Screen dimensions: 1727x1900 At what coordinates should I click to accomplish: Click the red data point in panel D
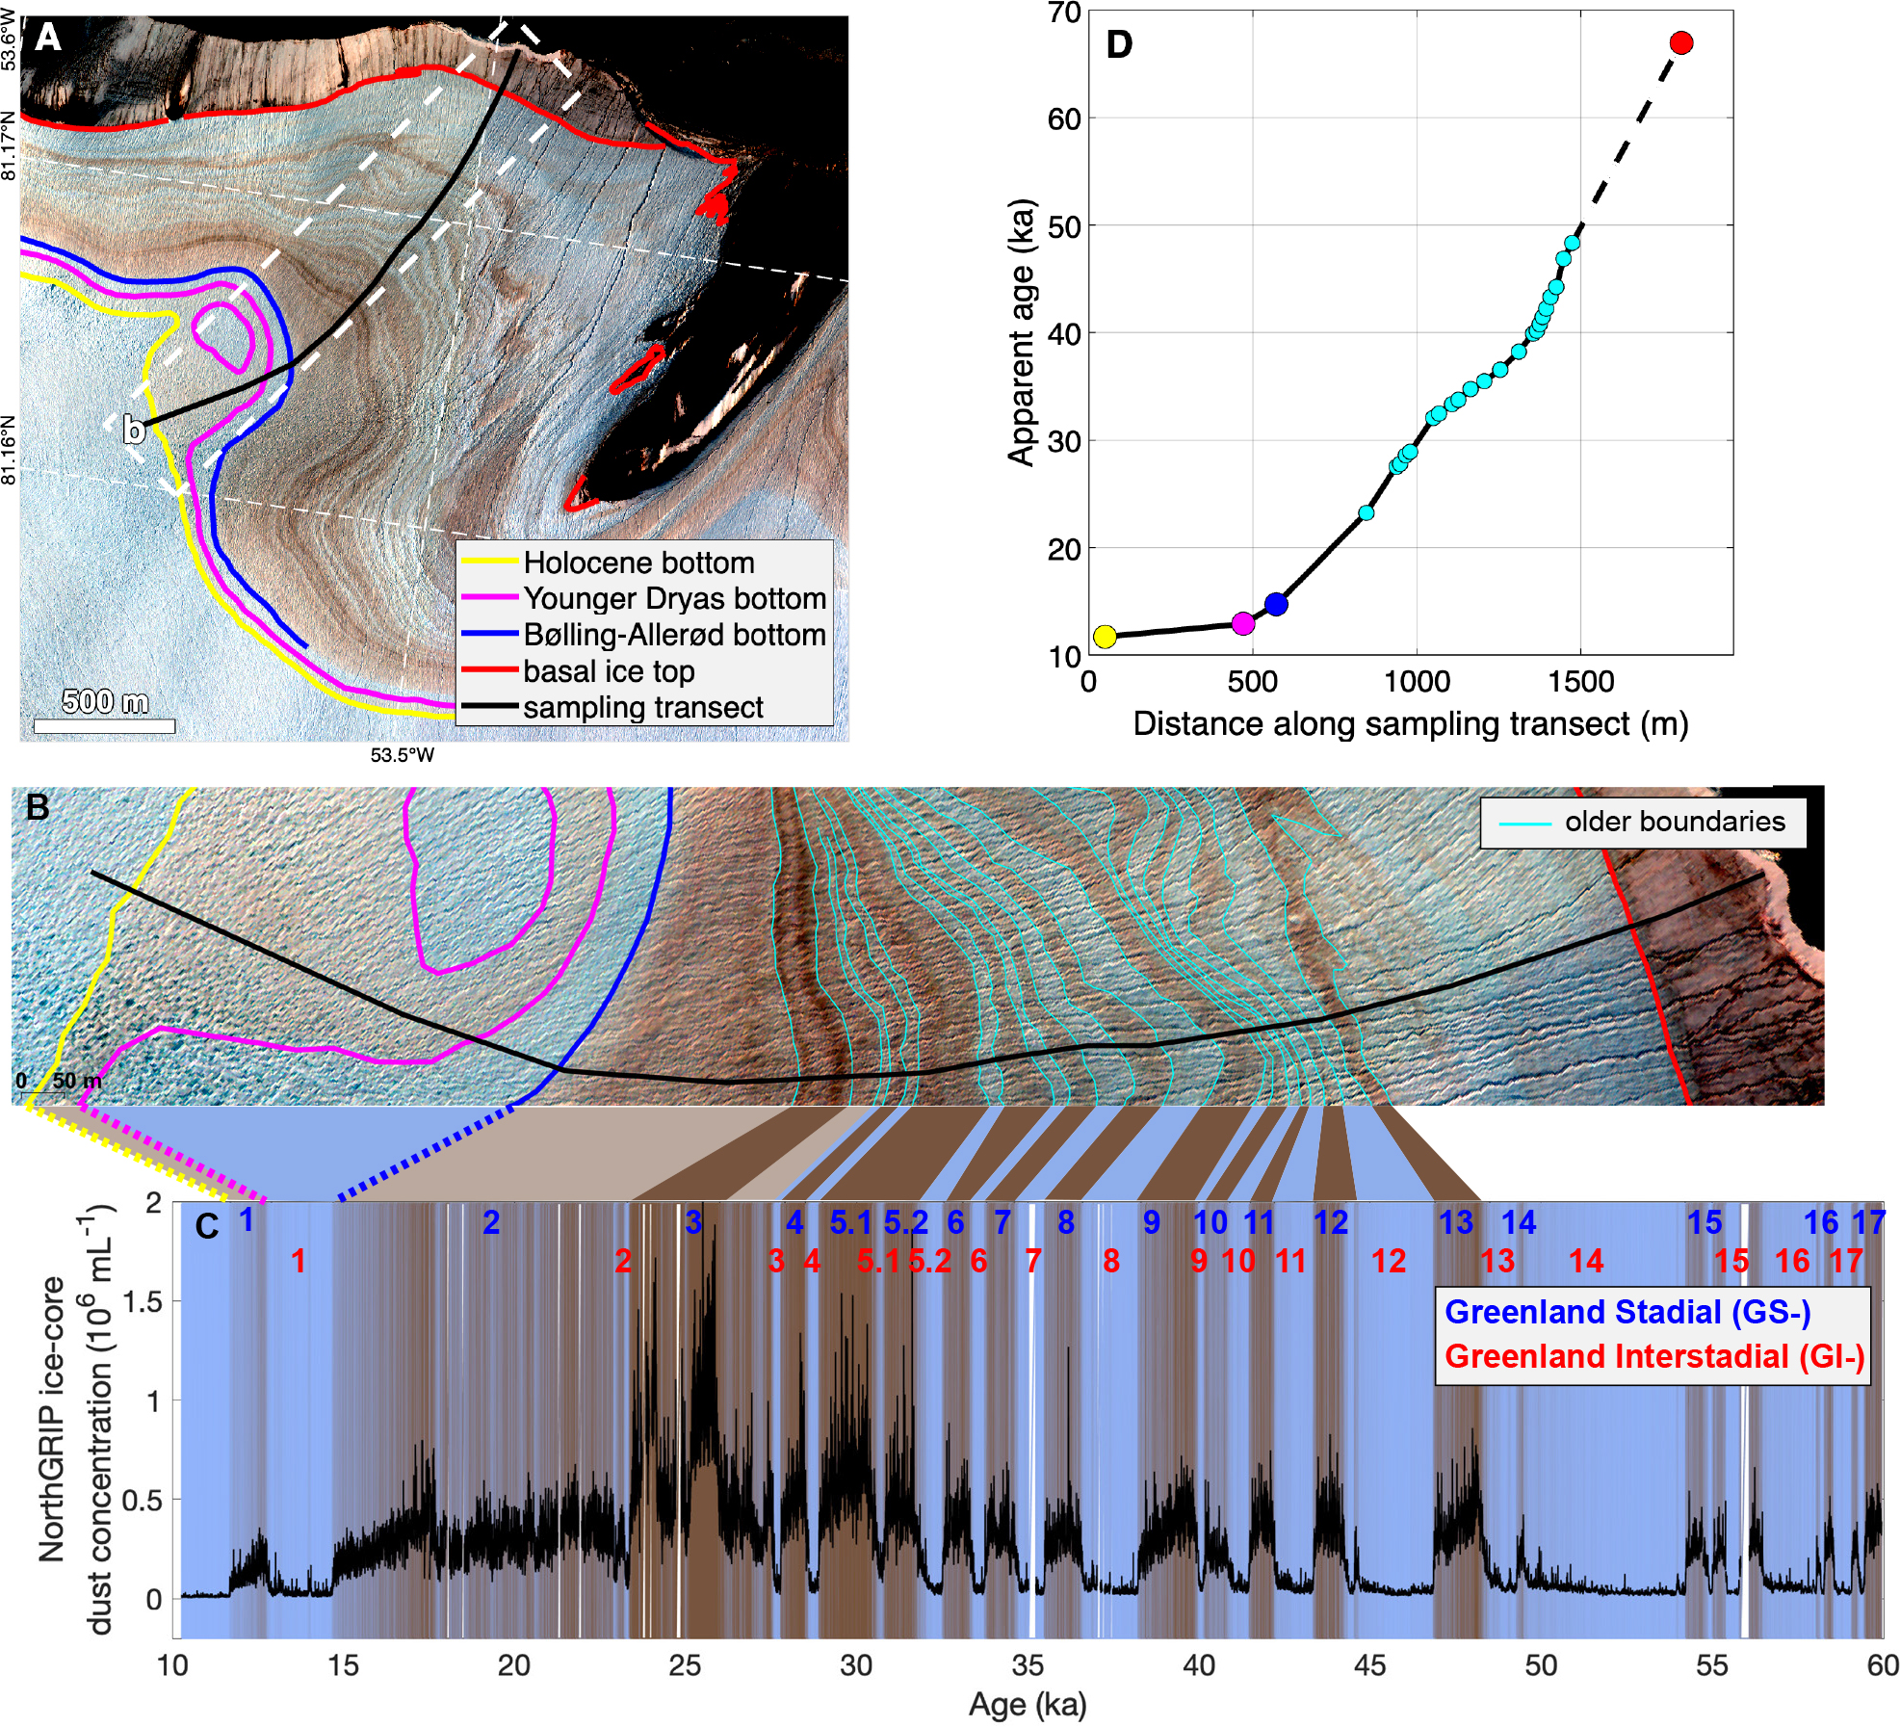click(1680, 42)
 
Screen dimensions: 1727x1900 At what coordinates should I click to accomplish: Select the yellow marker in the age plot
click(1105, 637)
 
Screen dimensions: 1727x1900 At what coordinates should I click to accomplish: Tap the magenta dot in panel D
click(1243, 623)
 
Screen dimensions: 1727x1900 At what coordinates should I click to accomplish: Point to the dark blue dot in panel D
click(1276, 604)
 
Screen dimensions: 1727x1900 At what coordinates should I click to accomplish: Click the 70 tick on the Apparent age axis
click(1064, 13)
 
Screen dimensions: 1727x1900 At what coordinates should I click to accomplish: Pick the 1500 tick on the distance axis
click(1580, 682)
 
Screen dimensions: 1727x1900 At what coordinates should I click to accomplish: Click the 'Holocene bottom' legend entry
click(638, 563)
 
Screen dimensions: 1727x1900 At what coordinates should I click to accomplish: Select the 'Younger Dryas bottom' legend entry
click(674, 598)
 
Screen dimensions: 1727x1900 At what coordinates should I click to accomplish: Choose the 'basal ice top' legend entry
click(609, 671)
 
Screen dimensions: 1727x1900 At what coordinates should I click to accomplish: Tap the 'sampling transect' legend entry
click(642, 708)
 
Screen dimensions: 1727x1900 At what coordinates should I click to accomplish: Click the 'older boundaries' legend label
click(1674, 822)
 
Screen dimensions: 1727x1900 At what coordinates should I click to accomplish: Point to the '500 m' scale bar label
click(105, 701)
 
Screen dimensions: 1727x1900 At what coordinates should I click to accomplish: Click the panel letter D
click(1119, 44)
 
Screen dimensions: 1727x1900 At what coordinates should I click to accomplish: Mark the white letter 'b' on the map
click(134, 430)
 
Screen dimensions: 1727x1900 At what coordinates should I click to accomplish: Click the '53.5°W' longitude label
click(403, 755)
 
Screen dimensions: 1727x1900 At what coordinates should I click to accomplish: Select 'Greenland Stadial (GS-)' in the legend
click(1627, 1312)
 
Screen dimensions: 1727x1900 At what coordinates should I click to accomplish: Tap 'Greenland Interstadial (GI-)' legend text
click(1653, 1356)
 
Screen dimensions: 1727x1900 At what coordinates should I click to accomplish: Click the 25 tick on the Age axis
click(685, 1665)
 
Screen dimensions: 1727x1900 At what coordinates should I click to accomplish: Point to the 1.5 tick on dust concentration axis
click(141, 1301)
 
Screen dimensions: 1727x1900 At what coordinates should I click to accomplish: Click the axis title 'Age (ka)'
click(1028, 1705)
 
